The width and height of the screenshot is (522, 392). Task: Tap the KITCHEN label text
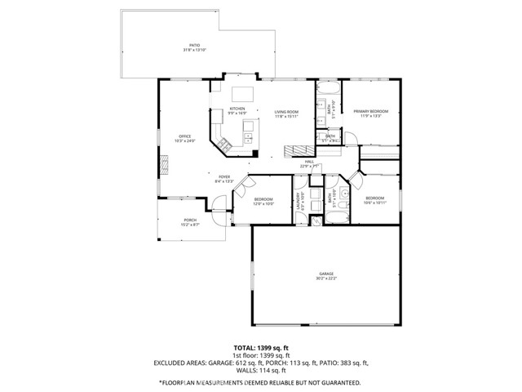tap(237, 110)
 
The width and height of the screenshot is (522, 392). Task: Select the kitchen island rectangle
tap(243, 94)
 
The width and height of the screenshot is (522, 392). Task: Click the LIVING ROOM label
tap(285, 113)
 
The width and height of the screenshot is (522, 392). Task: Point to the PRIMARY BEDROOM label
tap(371, 113)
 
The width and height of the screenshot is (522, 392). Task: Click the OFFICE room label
tap(184, 138)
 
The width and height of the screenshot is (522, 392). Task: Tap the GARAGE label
tap(325, 276)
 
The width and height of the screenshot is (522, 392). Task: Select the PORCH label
tap(190, 221)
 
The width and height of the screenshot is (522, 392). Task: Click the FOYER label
tap(223, 179)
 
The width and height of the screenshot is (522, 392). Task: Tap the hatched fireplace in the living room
tap(294, 149)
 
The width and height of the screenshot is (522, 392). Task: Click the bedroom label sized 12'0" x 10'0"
tap(263, 202)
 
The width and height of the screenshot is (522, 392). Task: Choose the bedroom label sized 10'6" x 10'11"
tap(374, 200)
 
